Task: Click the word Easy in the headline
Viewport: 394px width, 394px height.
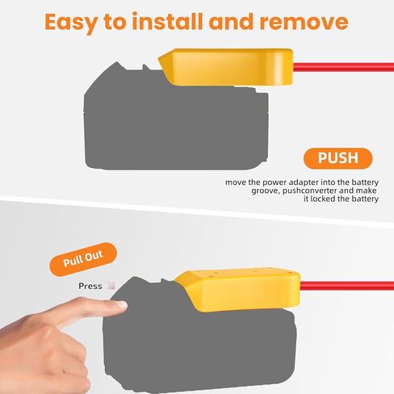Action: [70, 23]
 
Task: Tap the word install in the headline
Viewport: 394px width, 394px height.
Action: [167, 21]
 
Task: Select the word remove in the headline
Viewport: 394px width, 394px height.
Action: [304, 22]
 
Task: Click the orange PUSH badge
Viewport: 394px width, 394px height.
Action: [338, 158]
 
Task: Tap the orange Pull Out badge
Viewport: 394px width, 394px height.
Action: [83, 259]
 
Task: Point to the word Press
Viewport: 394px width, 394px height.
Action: [90, 286]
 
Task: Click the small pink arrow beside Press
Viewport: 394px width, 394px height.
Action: [111, 285]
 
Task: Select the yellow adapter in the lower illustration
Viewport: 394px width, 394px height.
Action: [238, 291]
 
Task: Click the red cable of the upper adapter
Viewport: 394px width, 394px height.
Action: [343, 67]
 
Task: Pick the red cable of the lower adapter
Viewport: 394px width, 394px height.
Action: [347, 286]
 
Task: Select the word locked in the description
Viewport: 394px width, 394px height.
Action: [324, 199]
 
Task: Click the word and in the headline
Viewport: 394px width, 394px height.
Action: [231, 21]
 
